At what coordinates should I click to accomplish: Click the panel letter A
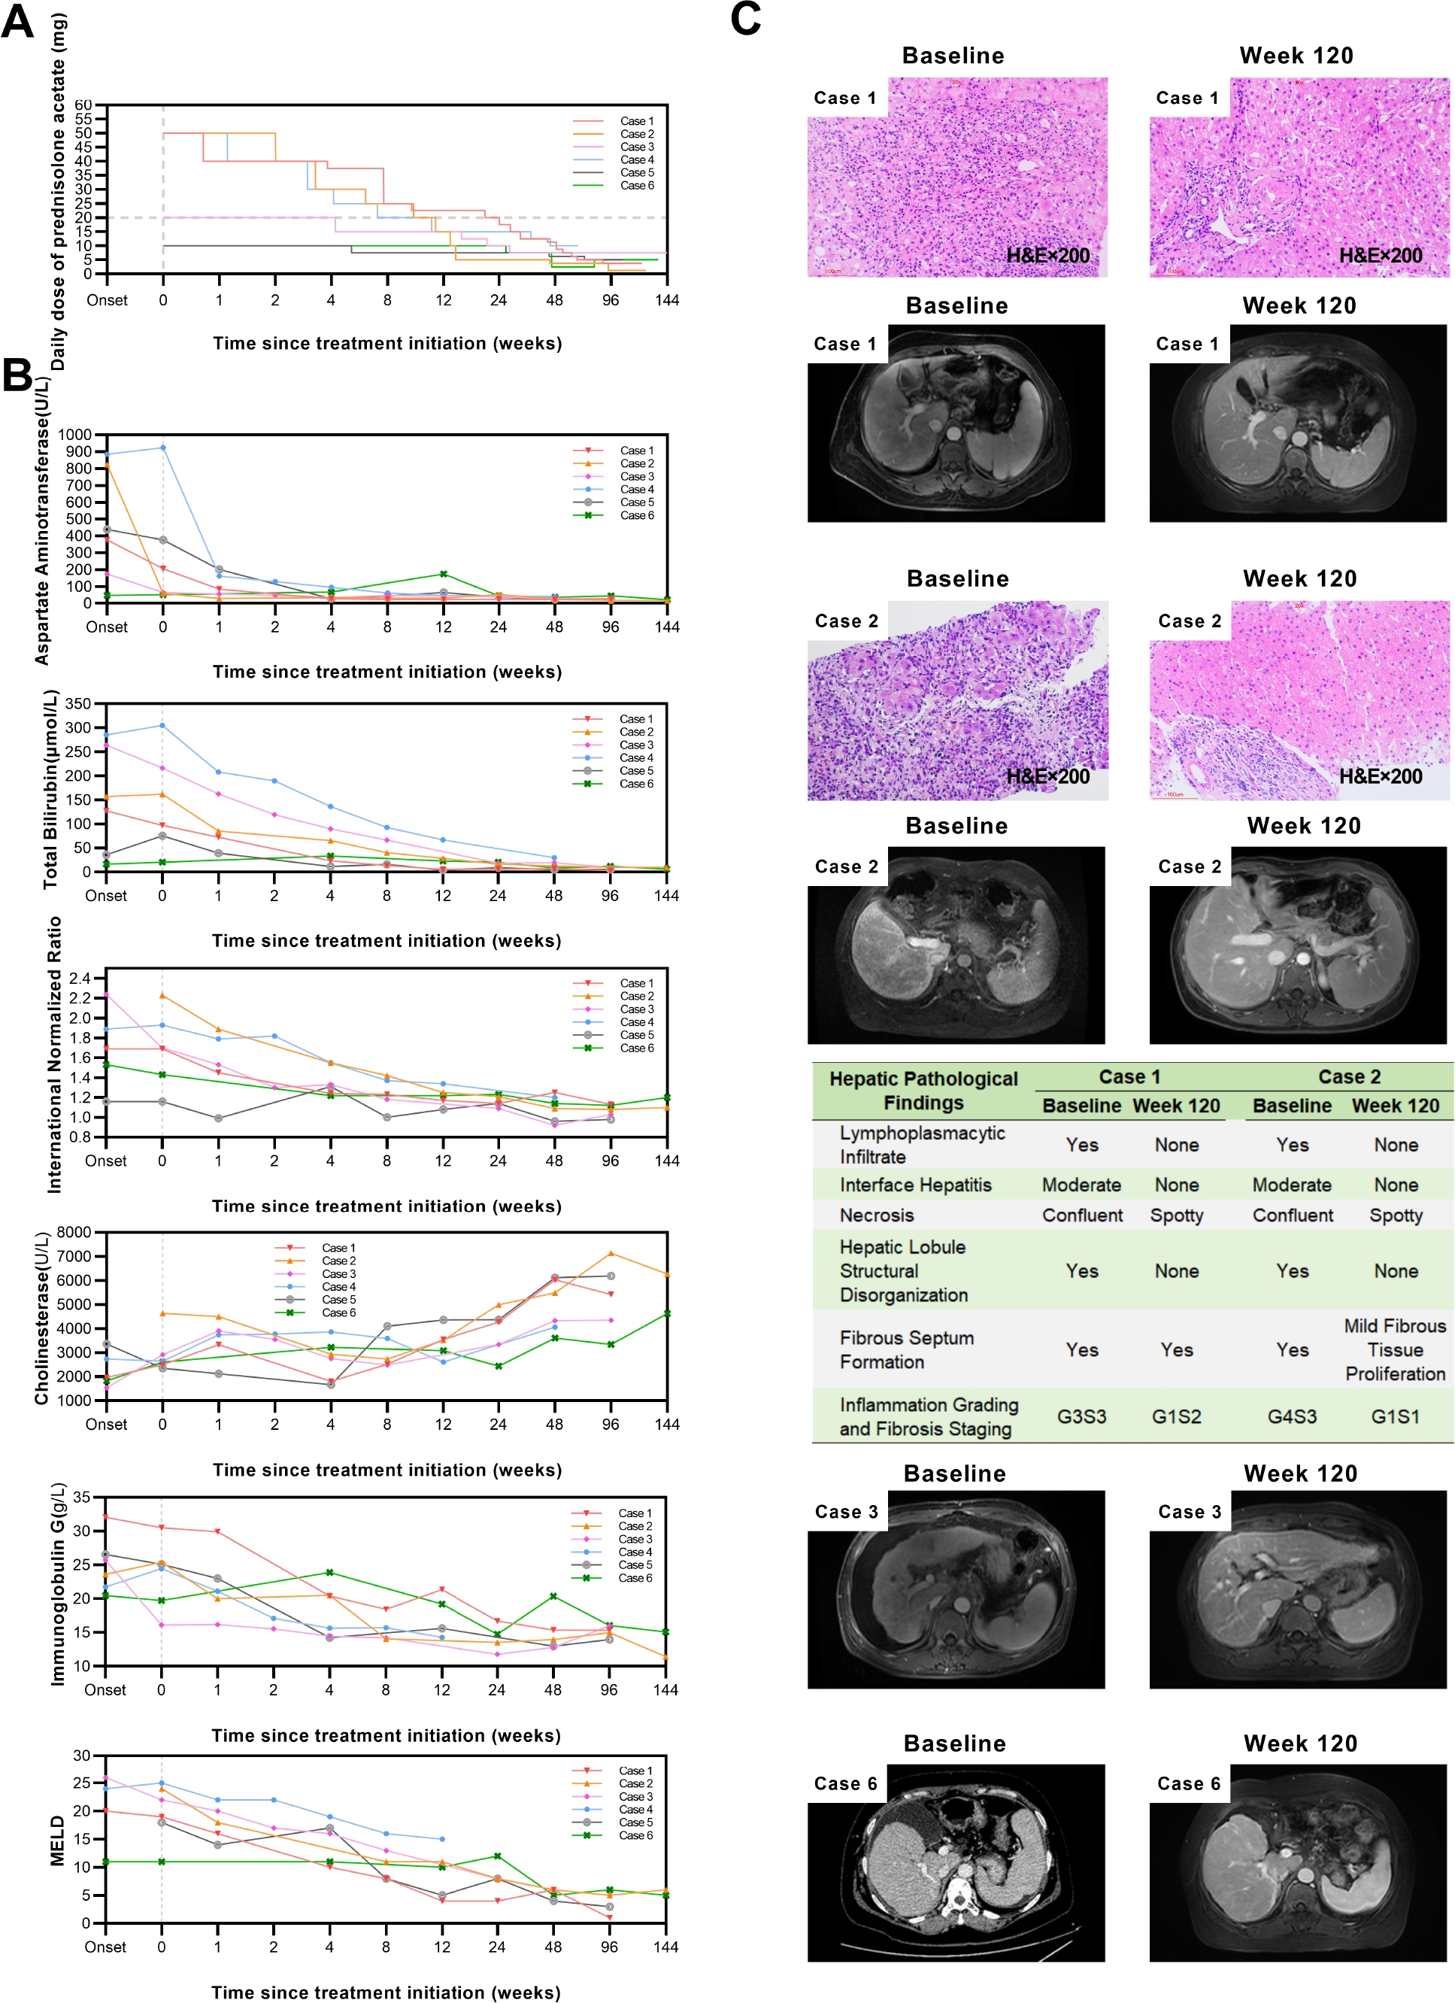(x=17, y=21)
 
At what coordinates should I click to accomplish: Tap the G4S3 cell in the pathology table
(x=1292, y=1416)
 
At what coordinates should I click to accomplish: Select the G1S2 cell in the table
(x=1176, y=1416)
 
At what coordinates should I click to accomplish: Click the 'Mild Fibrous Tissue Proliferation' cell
(x=1395, y=1349)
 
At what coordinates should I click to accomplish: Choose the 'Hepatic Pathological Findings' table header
(x=923, y=1091)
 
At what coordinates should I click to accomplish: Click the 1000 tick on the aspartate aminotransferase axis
(x=75, y=435)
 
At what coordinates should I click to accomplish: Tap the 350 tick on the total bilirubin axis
(x=77, y=704)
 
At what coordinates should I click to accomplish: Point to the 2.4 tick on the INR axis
(x=80, y=979)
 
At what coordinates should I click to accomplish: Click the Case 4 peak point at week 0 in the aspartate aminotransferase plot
(x=162, y=448)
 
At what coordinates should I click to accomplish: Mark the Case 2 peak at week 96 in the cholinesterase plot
(x=610, y=1253)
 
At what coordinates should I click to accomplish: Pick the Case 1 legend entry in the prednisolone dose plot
(x=635, y=121)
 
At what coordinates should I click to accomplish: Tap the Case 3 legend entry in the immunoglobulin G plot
(x=635, y=1538)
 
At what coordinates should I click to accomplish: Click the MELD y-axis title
(x=58, y=1841)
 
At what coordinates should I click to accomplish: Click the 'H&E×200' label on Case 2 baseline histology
(x=1048, y=776)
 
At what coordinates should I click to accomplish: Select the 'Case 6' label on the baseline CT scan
(x=845, y=1784)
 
